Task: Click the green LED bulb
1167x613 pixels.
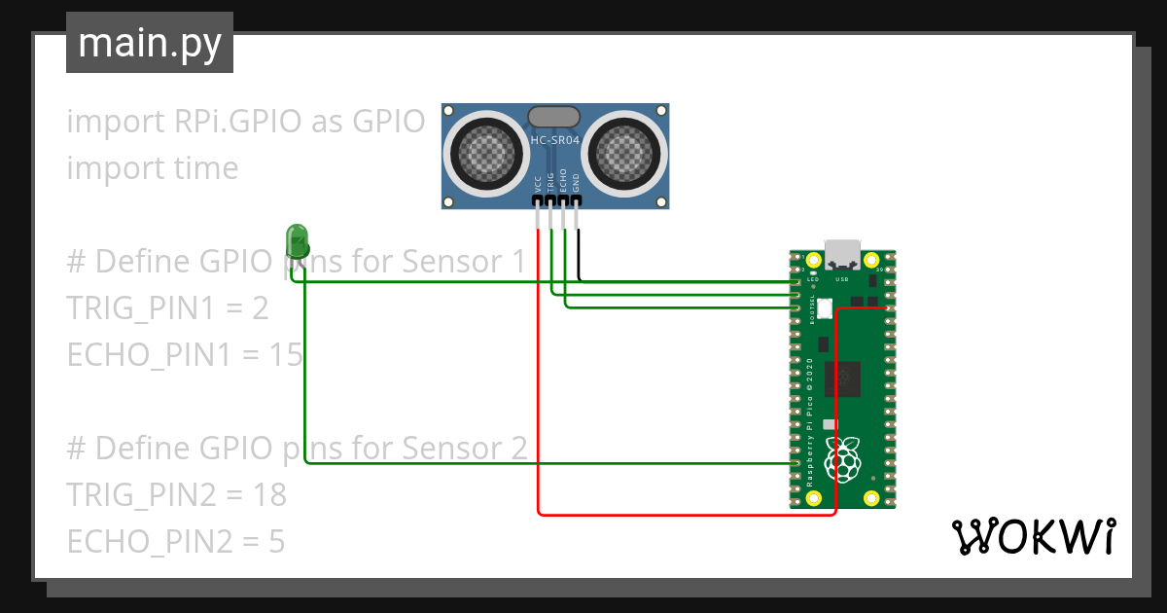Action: pos(297,238)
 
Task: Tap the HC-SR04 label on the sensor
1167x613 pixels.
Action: pos(555,141)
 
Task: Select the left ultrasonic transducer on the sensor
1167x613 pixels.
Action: pos(483,152)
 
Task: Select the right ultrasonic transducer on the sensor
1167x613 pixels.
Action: pos(627,152)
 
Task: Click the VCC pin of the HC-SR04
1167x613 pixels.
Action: pos(537,201)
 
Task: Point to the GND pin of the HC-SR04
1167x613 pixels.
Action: pos(577,201)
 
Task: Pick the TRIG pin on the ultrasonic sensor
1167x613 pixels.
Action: pos(550,201)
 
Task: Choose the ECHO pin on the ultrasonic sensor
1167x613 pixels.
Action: pos(563,201)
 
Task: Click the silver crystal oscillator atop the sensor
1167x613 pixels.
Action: pos(555,117)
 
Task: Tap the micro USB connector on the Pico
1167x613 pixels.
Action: pos(841,255)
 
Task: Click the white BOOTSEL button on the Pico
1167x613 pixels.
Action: pos(826,308)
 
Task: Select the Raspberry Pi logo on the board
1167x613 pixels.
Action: pos(842,458)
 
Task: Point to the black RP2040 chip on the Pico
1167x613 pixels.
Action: pos(842,379)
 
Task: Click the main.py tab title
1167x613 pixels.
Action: pos(150,43)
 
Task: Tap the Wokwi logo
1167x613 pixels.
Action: pos(1032,536)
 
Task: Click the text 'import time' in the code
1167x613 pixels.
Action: pos(152,167)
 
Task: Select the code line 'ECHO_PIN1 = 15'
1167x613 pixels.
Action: pos(185,355)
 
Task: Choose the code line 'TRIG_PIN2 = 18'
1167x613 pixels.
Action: pos(176,495)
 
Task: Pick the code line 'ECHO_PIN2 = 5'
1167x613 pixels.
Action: pos(175,541)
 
